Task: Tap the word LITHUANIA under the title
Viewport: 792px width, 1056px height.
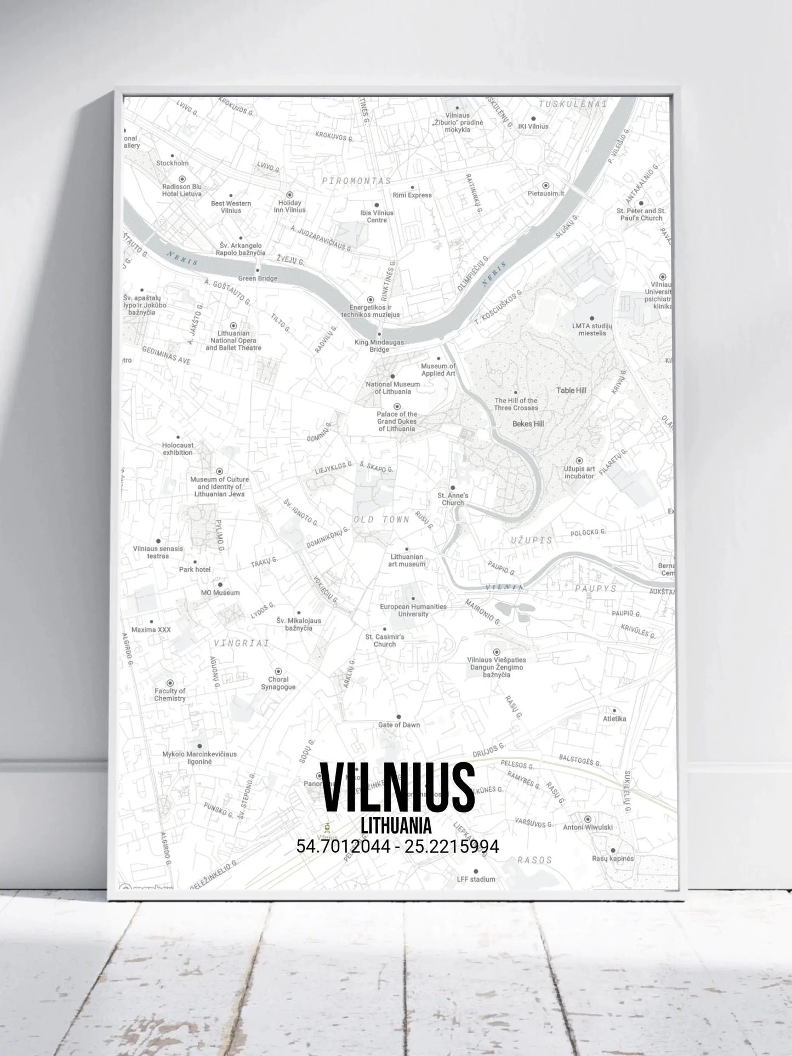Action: pyautogui.click(x=396, y=826)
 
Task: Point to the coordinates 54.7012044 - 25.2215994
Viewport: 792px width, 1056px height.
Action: pyautogui.click(x=397, y=847)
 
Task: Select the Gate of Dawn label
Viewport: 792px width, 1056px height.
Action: pyautogui.click(x=398, y=724)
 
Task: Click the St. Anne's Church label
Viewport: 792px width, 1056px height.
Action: pyautogui.click(x=453, y=499)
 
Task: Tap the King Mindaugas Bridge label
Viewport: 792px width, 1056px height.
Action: pyautogui.click(x=379, y=346)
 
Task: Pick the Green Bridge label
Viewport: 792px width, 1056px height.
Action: pyautogui.click(x=258, y=278)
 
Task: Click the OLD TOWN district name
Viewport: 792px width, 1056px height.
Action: pyautogui.click(x=381, y=520)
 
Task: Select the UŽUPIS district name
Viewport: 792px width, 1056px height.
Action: pyautogui.click(x=531, y=540)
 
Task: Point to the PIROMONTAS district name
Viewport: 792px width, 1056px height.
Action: pyautogui.click(x=356, y=181)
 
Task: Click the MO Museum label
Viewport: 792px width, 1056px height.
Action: pyautogui.click(x=220, y=592)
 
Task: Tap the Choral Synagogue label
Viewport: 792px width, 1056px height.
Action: pyautogui.click(x=278, y=683)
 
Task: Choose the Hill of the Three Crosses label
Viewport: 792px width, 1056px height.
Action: pyautogui.click(x=516, y=404)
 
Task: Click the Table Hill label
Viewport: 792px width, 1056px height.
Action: pyautogui.click(x=571, y=390)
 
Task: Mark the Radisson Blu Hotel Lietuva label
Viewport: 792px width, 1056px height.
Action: pyautogui.click(x=182, y=190)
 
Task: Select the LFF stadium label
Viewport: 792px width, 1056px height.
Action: pyautogui.click(x=476, y=879)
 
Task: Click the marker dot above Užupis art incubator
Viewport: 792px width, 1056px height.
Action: pyautogui.click(x=579, y=461)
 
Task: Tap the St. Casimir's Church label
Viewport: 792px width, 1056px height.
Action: pyautogui.click(x=384, y=641)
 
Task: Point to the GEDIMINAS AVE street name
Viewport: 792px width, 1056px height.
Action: pyautogui.click(x=166, y=356)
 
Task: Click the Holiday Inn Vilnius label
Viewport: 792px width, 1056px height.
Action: pyautogui.click(x=289, y=206)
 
